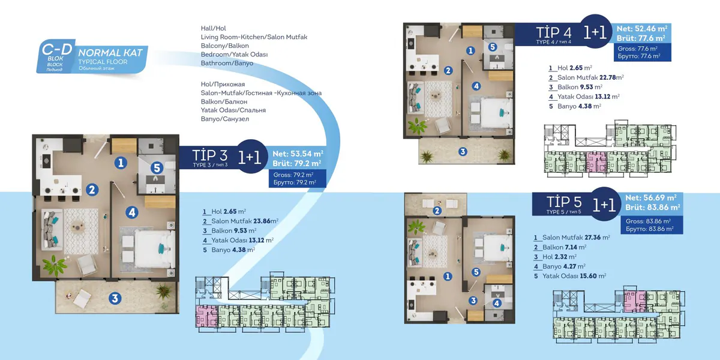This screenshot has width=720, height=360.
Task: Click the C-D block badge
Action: point(56,56)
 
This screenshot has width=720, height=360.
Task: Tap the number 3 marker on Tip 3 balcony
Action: point(115,298)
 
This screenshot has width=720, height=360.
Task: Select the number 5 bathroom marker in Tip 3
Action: point(157,167)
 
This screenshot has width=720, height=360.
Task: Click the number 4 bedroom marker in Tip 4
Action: point(476,86)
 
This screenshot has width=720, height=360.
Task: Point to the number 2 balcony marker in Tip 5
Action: point(437,211)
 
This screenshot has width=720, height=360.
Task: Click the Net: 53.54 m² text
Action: point(298,154)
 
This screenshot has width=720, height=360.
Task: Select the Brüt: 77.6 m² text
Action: point(641,38)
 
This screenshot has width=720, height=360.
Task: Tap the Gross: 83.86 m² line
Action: point(648,221)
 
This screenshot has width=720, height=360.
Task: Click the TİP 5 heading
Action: point(564,202)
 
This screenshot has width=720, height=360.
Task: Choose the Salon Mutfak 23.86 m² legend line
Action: point(241,221)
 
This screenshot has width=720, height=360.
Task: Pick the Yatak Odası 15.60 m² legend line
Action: point(570,276)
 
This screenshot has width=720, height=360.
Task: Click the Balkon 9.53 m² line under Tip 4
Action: point(575,87)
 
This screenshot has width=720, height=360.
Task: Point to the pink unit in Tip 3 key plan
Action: point(206,316)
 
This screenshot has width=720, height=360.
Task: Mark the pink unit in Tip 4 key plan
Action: point(596,162)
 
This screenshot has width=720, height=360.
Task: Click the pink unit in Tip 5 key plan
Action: point(635,301)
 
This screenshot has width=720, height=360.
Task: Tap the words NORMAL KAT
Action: point(110,53)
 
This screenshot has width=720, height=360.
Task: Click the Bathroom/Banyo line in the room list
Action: point(227,63)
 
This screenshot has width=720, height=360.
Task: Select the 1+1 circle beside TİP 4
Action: point(595,31)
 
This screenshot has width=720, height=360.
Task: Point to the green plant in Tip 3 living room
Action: point(55,265)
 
